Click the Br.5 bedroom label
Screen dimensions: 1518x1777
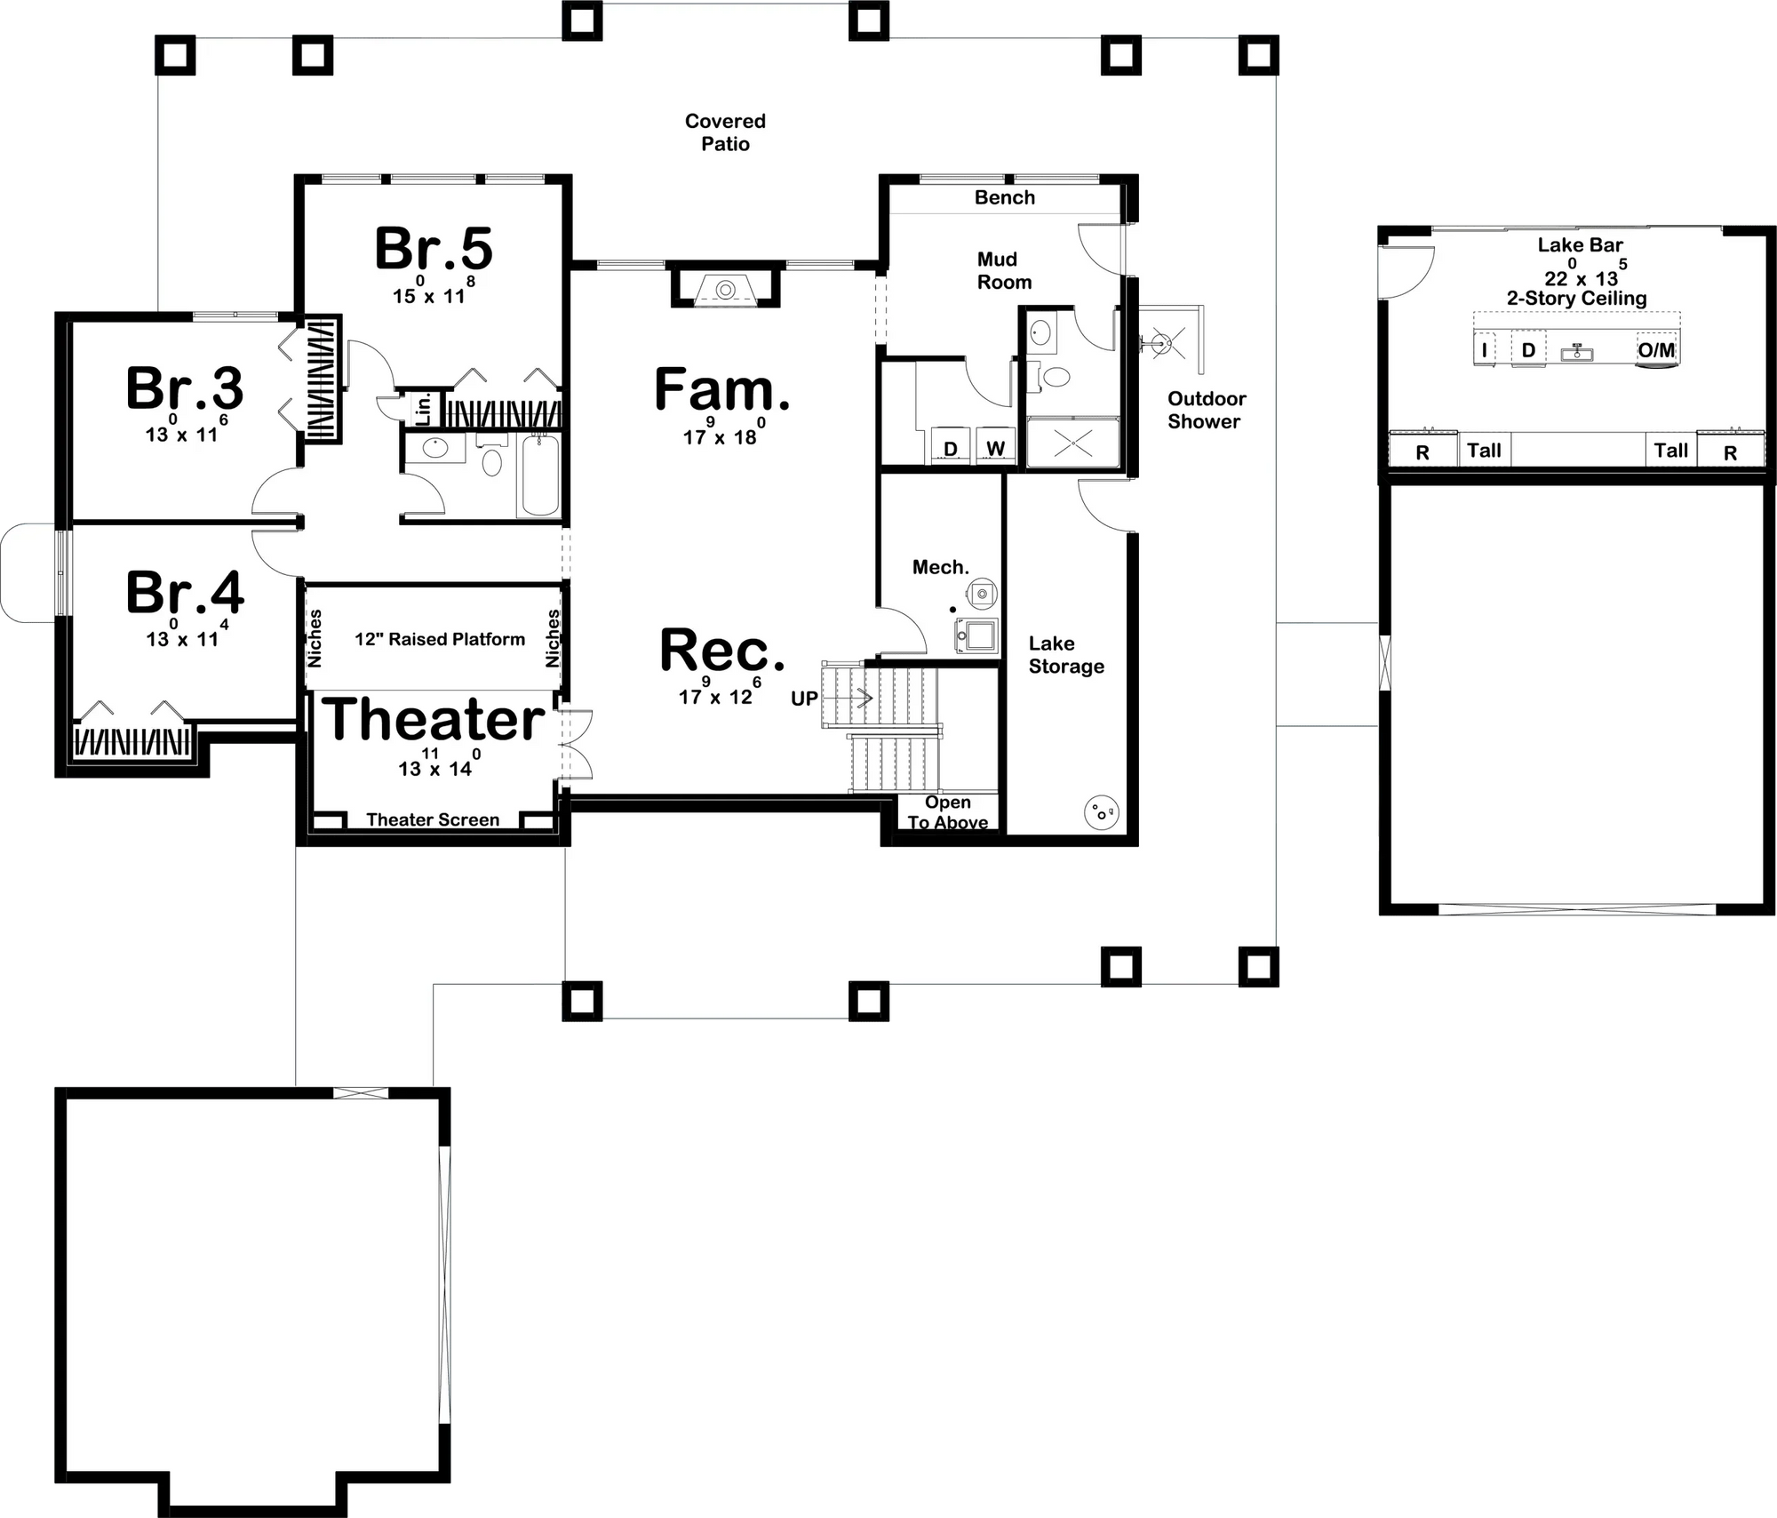click(434, 249)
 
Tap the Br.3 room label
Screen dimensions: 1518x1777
click(185, 388)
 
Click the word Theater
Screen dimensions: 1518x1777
click(434, 719)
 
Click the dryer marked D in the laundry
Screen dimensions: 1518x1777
click(951, 449)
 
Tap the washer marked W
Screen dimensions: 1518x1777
click(995, 449)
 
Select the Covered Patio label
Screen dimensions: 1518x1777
click(725, 132)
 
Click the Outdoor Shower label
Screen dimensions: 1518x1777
click(1206, 410)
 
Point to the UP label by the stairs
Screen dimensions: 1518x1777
click(804, 699)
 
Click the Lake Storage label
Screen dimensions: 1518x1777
click(1066, 654)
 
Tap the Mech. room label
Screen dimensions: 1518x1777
click(940, 567)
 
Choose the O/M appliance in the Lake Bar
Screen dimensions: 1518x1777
click(1656, 350)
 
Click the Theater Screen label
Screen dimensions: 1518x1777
click(433, 819)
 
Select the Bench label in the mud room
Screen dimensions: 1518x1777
click(1004, 197)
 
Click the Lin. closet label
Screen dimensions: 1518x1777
click(425, 408)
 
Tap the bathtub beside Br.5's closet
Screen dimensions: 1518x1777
click(540, 475)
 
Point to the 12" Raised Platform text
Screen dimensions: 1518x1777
click(440, 639)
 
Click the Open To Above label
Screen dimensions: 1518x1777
click(947, 812)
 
